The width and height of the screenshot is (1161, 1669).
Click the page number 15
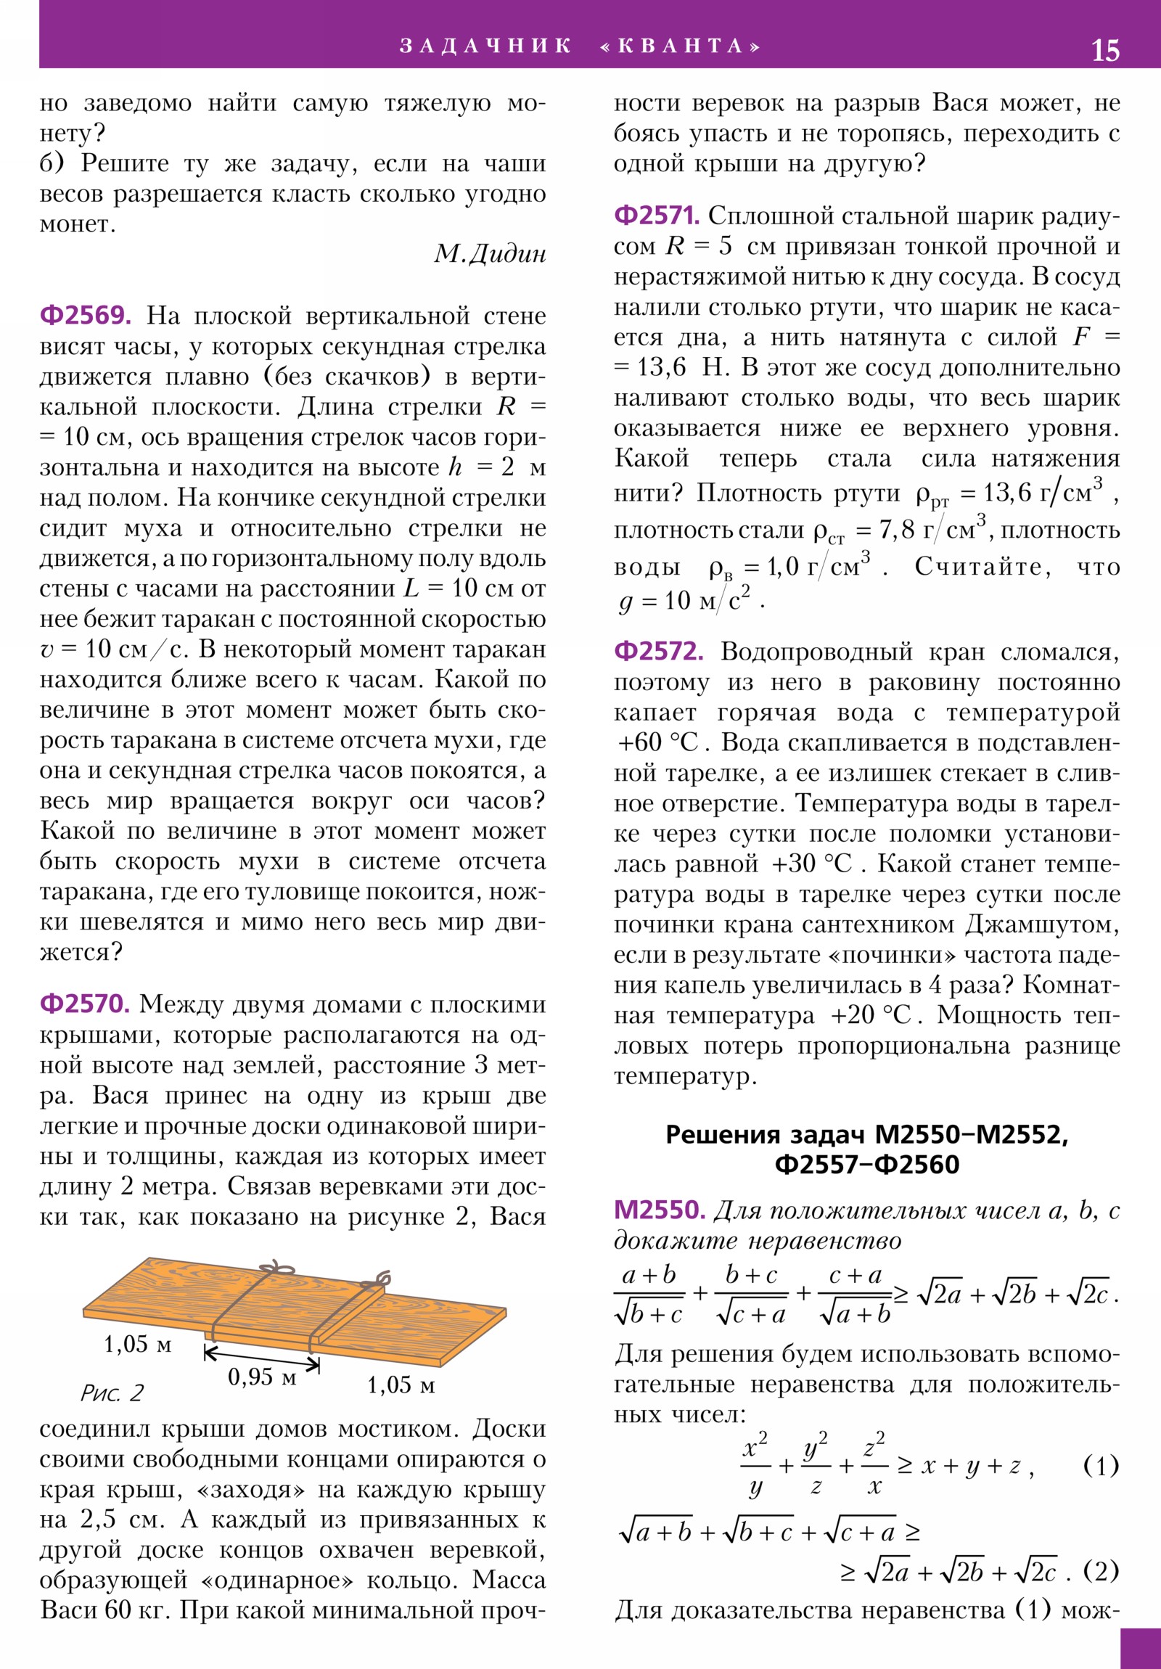[1105, 50]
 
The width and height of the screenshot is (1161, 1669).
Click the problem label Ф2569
[85, 316]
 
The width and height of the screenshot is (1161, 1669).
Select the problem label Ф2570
[84, 1003]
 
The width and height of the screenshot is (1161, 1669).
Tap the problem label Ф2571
[657, 216]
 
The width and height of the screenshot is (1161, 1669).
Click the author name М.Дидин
[490, 254]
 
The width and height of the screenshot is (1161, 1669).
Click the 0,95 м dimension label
[262, 1376]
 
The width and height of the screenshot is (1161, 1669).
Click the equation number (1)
[1101, 1465]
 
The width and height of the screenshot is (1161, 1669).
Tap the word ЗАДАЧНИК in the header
[485, 46]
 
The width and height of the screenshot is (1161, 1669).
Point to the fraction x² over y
[755, 1466]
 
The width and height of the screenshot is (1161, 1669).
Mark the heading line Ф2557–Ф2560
[866, 1164]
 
